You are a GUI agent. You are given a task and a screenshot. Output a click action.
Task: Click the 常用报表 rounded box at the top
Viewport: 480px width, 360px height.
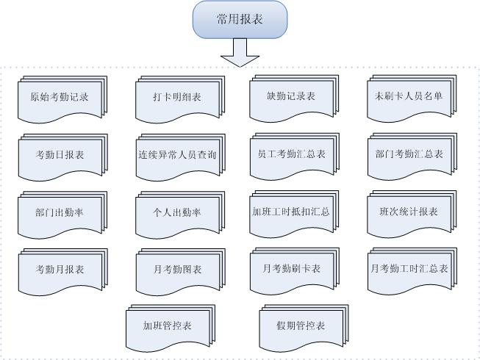coord(240,19)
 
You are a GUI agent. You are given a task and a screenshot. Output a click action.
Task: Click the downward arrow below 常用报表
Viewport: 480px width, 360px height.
coord(240,52)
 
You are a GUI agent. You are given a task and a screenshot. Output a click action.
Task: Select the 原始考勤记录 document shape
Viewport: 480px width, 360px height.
coord(62,99)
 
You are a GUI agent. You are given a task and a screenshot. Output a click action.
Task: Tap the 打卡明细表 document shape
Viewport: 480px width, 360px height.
coord(180,99)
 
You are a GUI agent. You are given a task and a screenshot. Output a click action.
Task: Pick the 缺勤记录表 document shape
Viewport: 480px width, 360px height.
coord(294,98)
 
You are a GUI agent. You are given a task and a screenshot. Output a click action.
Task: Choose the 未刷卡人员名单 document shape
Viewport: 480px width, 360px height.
coord(412,98)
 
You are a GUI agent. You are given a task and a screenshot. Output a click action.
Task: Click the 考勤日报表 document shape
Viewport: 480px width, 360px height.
coord(63,157)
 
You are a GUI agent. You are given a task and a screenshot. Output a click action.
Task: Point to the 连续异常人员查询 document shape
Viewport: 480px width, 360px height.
coord(181,157)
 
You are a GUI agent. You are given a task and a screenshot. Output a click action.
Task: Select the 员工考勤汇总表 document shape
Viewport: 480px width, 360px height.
coord(295,156)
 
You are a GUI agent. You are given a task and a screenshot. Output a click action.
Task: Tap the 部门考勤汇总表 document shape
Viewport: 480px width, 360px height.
coord(412,156)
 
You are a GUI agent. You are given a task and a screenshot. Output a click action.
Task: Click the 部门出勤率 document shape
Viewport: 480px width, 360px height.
coord(62,215)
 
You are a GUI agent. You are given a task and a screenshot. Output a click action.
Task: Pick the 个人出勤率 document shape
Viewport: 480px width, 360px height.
coord(180,215)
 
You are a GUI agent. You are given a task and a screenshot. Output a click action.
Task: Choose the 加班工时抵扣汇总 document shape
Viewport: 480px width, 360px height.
coord(294,214)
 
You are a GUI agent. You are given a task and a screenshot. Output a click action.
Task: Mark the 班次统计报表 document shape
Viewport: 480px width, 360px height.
coord(412,214)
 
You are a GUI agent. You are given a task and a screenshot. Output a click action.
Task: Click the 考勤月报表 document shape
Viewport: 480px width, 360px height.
coord(63,272)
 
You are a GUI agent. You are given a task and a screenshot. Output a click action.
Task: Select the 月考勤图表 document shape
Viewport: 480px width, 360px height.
coord(181,272)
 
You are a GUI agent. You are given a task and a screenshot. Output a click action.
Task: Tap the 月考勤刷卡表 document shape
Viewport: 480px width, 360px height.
coord(295,270)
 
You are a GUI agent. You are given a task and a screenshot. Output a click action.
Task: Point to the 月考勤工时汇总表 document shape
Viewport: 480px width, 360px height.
coord(412,270)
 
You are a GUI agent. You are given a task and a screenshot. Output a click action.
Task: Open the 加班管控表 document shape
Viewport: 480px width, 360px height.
coord(171,328)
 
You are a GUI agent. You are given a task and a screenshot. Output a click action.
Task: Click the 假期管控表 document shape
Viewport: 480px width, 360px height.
coord(304,328)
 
